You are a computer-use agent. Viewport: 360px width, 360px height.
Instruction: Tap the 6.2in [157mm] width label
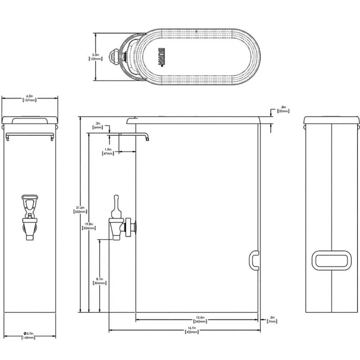pos(30,98)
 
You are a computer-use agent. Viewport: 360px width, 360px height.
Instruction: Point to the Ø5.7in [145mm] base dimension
pos(30,335)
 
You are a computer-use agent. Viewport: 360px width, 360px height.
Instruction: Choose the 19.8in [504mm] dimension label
pos(89,226)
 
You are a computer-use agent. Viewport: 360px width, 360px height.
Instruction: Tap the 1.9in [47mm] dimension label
pos(108,152)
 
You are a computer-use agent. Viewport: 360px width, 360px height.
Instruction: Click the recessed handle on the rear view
pos(332,261)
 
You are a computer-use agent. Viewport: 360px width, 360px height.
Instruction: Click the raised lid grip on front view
pos(31,121)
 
